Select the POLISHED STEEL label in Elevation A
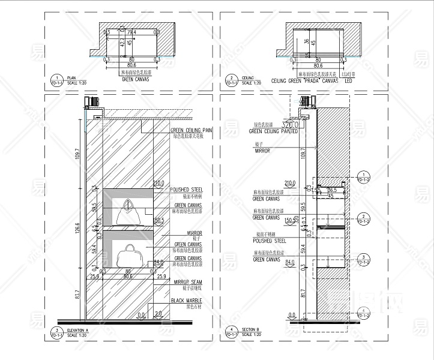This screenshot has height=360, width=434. pos(187,189)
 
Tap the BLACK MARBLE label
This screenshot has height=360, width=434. pos(186,301)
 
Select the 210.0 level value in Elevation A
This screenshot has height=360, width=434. pos(158,183)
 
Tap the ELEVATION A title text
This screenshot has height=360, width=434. pos(78,331)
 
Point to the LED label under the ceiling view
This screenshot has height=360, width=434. pos(348,80)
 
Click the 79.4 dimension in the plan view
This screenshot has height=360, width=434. pos(131,32)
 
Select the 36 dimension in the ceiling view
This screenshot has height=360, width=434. pos(306,41)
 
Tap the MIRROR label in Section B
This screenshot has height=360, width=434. pos(263,151)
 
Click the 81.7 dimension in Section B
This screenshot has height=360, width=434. pos(303,293)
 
